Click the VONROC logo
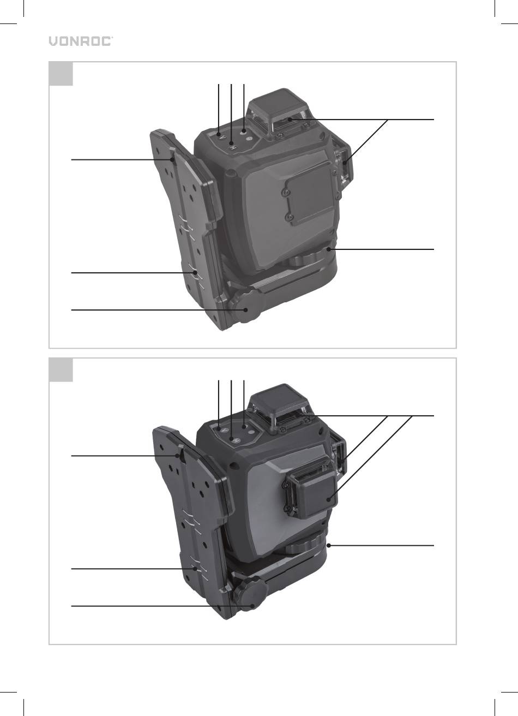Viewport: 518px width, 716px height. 81,41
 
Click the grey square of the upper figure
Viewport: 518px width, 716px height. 61,74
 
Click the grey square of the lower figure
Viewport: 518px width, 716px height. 61,370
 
